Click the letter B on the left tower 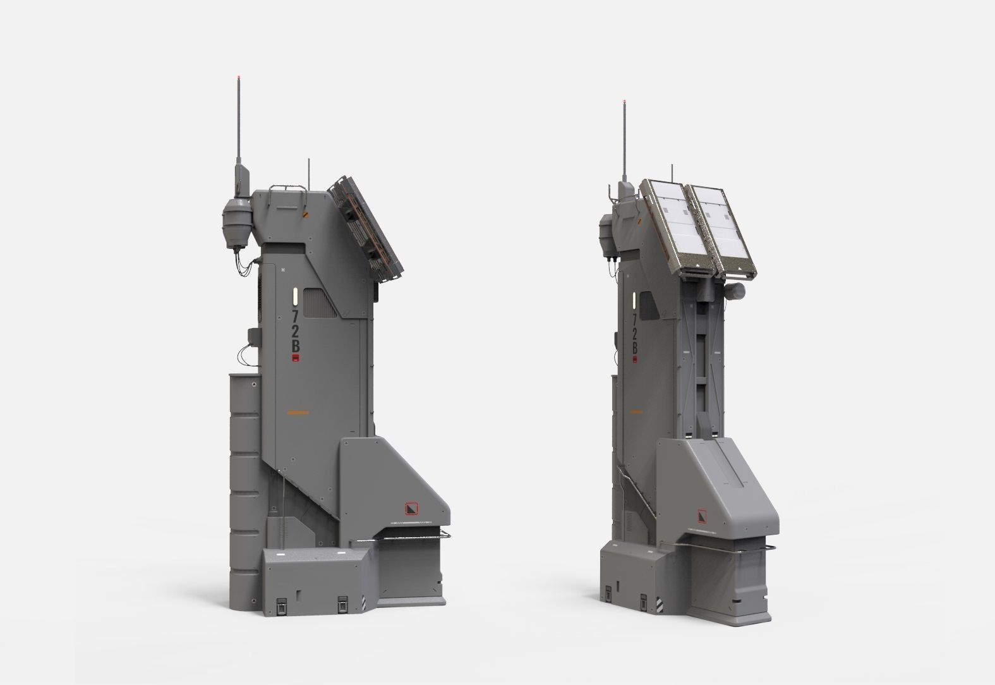(x=295, y=346)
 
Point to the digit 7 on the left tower (x=295, y=314)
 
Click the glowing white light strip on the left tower (x=294, y=296)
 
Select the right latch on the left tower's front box (x=342, y=603)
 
